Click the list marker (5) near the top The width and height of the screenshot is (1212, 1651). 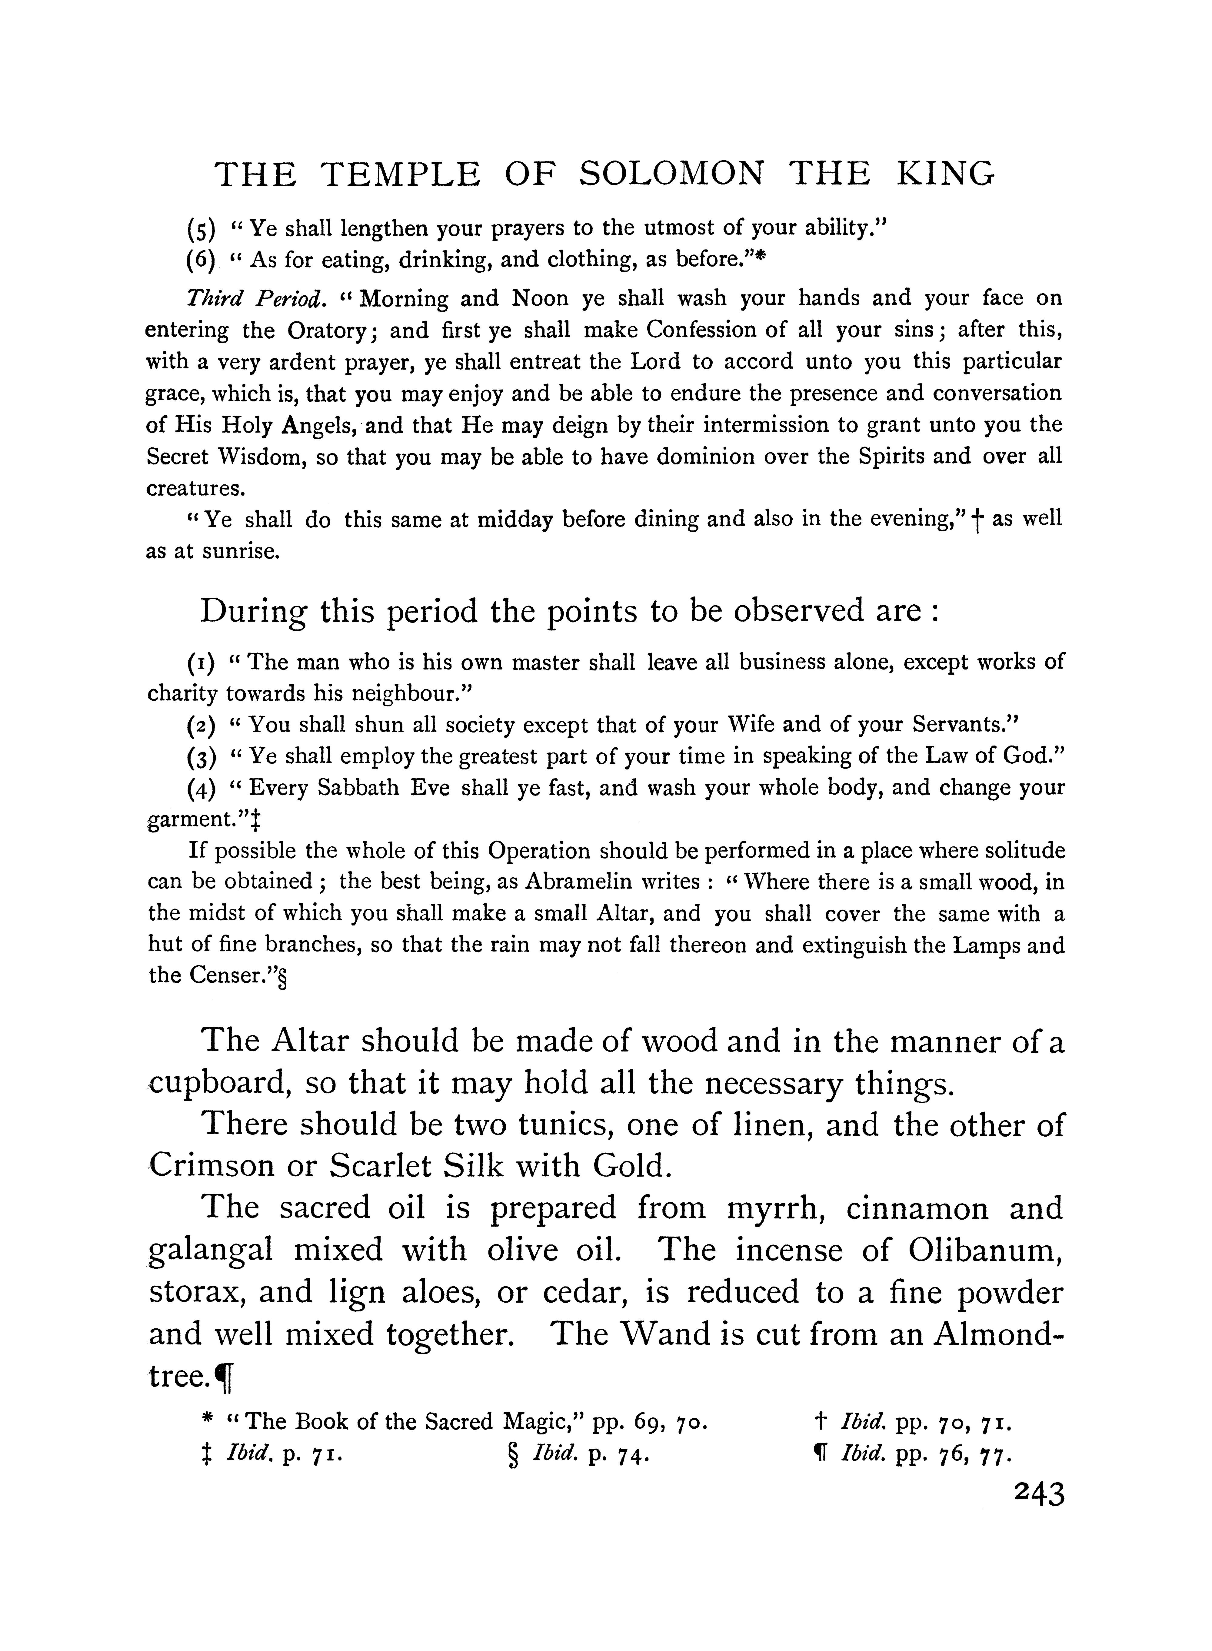pyautogui.click(x=201, y=230)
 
